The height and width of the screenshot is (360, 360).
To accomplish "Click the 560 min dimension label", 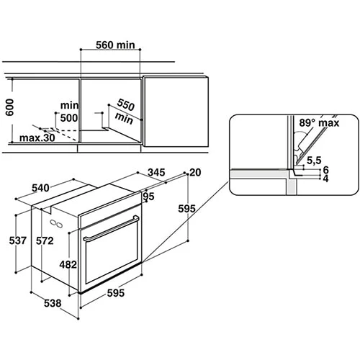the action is tap(115, 45).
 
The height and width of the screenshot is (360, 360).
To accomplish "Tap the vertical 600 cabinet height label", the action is tap(10, 107).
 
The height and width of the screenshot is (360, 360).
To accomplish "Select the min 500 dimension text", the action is tap(69, 112).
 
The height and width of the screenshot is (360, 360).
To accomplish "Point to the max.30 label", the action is tap(37, 138).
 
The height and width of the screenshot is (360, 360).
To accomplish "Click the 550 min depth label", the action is tap(125, 112).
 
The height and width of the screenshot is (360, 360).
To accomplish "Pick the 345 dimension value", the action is tap(156, 172).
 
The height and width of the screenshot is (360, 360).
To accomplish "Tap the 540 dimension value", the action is tap(40, 188).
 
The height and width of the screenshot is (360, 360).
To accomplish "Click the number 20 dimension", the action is tap(195, 172).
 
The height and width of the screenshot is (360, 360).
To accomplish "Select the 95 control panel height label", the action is tap(148, 197).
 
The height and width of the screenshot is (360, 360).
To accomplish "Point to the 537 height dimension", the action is tap(18, 240).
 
